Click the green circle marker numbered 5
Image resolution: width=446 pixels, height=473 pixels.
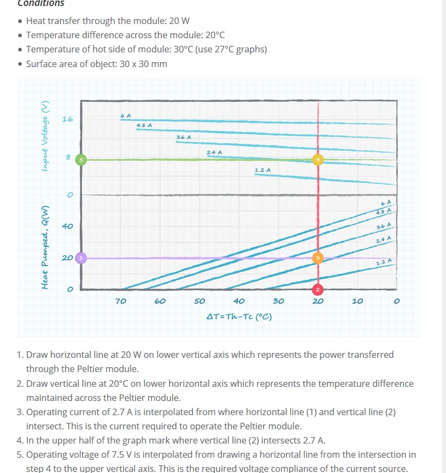tap(81, 159)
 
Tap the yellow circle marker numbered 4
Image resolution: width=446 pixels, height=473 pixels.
tap(318, 159)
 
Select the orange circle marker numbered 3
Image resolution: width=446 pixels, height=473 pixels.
tap(318, 258)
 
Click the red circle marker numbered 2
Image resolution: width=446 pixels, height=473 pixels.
tap(318, 288)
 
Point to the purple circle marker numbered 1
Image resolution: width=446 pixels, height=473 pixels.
tap(81, 257)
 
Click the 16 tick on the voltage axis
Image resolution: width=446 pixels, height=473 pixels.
tap(67, 119)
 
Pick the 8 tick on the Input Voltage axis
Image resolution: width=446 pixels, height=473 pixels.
tap(68, 158)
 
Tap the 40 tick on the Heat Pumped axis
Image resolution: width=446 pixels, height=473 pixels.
tap(67, 226)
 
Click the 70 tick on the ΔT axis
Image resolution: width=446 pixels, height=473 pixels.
tap(121, 301)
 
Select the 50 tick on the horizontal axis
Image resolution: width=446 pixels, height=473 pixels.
tap(199, 301)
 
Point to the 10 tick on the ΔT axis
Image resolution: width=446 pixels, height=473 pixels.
tap(357, 301)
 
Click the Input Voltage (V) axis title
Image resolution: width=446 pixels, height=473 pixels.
tap(47, 136)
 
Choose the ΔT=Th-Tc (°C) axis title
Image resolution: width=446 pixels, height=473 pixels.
tap(239, 317)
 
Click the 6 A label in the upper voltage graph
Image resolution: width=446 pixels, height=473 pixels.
tap(125, 115)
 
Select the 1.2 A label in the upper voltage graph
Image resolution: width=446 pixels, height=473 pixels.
tap(262, 170)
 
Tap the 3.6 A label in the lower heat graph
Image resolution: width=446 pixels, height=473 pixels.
tap(384, 226)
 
